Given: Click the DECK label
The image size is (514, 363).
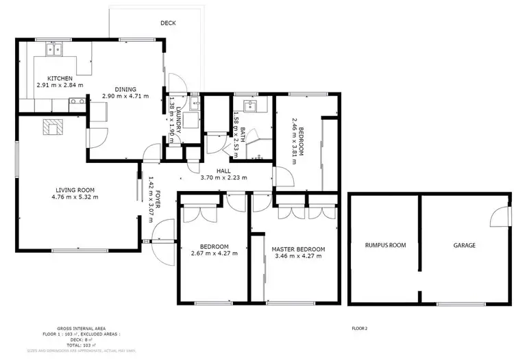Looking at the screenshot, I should [x=168, y=23].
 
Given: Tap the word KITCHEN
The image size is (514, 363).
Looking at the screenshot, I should [x=60, y=78].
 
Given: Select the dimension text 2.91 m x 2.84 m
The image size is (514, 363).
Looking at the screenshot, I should [x=60, y=86].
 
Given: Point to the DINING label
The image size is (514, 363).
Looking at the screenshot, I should [x=125, y=89].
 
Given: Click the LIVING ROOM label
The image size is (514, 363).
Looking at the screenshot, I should [x=75, y=190].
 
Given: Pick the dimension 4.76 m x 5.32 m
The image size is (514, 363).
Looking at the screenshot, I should [x=75, y=197].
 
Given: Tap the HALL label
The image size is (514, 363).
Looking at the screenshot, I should [x=223, y=171].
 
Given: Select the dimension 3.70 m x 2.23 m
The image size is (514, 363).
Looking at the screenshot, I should [x=223, y=178].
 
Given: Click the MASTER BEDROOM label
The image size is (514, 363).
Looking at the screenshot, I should [x=297, y=249].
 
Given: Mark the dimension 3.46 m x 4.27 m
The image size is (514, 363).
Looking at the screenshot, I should [x=297, y=257].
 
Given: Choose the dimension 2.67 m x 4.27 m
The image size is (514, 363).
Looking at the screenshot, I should [x=214, y=253].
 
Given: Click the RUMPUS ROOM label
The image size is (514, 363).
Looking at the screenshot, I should [x=381, y=245].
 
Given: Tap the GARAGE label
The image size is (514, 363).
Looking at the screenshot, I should [x=463, y=245].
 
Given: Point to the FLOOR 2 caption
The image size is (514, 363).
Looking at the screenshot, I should [x=359, y=329].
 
